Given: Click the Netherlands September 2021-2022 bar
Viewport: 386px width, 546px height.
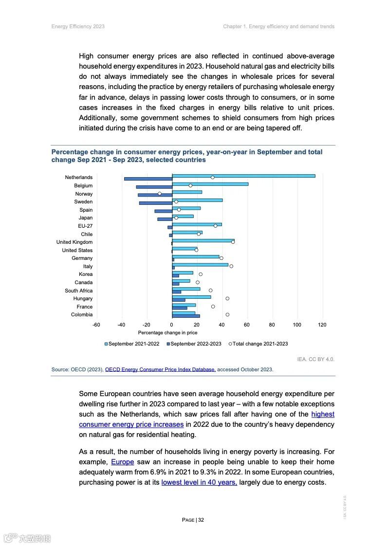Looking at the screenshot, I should tap(243, 176).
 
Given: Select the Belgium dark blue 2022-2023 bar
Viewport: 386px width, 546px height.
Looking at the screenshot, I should tap(154, 187).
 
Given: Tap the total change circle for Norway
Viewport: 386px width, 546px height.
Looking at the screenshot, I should tap(159, 194).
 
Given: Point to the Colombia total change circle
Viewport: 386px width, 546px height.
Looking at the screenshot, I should tap(227, 314).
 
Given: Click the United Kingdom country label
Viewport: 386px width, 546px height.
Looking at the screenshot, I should tap(74, 242).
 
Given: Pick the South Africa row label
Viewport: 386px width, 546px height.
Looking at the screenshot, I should tap(78, 291).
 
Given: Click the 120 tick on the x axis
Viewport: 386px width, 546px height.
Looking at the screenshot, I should tap(322, 325).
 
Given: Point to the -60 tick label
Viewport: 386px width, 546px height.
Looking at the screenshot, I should tap(96, 325).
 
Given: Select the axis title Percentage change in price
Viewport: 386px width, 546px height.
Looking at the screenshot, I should tap(167, 333).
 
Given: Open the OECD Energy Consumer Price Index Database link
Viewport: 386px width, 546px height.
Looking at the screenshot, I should tap(160, 369).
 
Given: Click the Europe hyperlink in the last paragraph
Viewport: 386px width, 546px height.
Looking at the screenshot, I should tap(122, 462).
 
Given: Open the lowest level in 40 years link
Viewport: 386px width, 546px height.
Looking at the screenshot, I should tap(199, 482).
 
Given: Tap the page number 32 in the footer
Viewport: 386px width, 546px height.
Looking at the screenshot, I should tap(201, 520).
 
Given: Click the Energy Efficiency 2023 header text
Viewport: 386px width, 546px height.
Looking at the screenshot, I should tap(78, 26).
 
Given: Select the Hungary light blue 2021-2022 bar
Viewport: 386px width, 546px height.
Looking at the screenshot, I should tap(191, 297).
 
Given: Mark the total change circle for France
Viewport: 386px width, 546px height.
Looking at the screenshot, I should tap(213, 307).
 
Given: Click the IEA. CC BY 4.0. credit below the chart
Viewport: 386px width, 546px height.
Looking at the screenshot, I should tap(315, 359).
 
